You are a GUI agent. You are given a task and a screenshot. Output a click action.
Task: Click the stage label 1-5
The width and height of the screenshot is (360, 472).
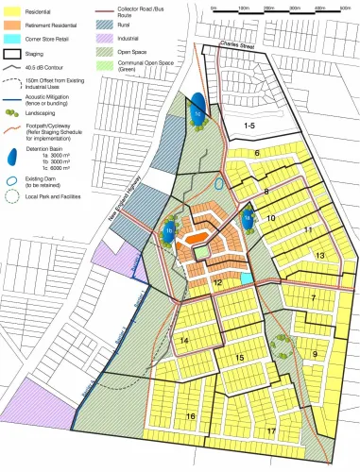pyautogui.click(x=249, y=126)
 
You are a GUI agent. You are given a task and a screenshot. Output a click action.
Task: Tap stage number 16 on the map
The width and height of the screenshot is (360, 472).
pyautogui.click(x=191, y=415)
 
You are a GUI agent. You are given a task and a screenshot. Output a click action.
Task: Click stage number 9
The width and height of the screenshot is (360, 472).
pyautogui.click(x=317, y=354)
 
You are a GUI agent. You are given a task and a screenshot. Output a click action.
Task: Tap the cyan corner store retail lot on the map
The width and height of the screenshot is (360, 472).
pyautogui.click(x=246, y=278)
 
